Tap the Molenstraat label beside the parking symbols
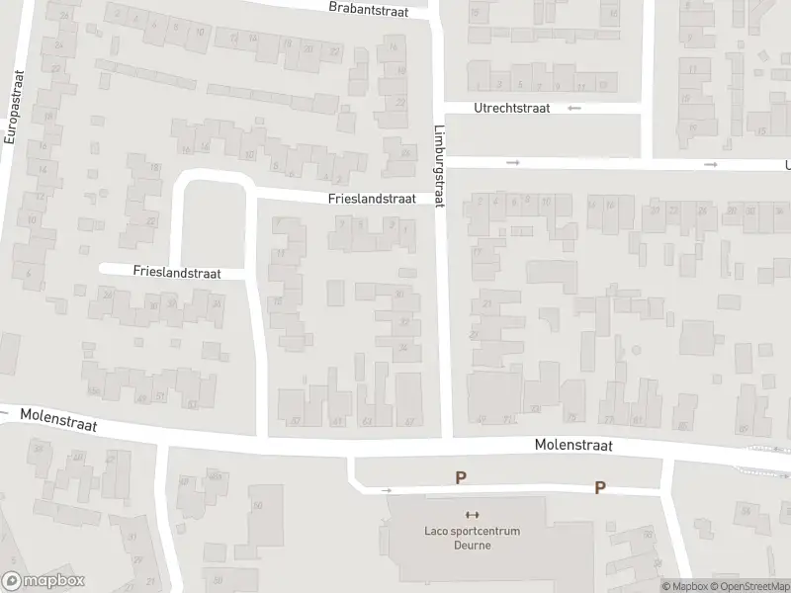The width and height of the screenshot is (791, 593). click(x=573, y=446)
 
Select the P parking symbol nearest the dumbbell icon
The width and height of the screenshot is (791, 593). click(x=460, y=478)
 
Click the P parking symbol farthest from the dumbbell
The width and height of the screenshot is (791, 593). click(x=599, y=487)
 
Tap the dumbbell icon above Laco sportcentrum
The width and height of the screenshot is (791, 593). click(x=472, y=515)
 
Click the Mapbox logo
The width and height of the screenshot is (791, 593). click(x=44, y=581)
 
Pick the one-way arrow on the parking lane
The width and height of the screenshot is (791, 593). click(x=387, y=490)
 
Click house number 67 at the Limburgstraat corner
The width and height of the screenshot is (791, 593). click(x=409, y=421)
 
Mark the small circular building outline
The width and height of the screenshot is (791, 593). click(x=637, y=350)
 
